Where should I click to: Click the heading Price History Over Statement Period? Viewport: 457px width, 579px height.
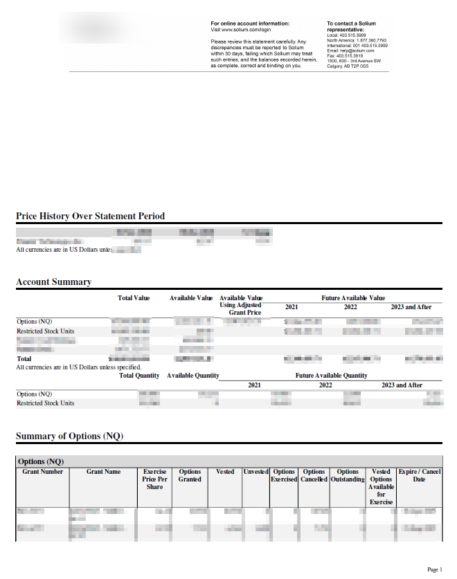click(x=90, y=217)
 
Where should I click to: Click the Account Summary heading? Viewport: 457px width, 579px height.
click(x=53, y=282)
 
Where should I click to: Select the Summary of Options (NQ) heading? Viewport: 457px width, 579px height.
click(x=69, y=436)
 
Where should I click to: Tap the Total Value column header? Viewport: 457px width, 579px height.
click(x=134, y=298)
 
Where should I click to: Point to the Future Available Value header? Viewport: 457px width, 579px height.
click(x=353, y=298)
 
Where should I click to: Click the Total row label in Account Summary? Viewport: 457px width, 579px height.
click(x=24, y=359)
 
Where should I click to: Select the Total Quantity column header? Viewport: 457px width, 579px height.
click(x=136, y=376)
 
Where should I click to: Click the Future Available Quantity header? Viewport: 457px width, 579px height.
click(x=331, y=376)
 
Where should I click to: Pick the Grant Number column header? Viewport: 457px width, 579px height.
click(x=42, y=472)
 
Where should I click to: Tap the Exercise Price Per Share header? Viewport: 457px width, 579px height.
click(x=154, y=479)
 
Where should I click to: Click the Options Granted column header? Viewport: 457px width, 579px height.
click(x=190, y=475)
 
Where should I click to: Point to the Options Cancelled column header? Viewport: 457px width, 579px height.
click(x=314, y=475)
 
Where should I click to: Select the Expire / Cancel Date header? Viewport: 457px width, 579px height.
click(x=419, y=475)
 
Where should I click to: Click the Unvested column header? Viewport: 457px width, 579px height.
click(x=256, y=472)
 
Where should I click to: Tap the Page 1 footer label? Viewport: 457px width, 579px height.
click(x=434, y=569)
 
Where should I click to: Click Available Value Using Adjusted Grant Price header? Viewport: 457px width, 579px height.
click(x=241, y=305)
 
